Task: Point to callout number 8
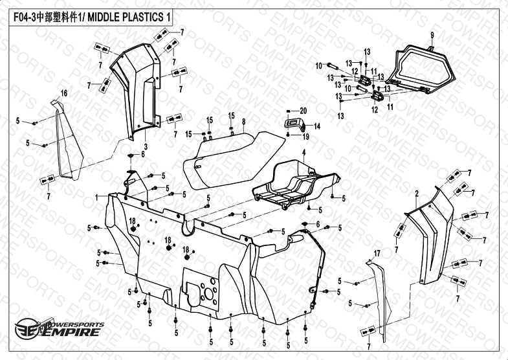click(243, 122)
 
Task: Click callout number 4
click(302, 152)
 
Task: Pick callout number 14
click(318, 126)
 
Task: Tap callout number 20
click(303, 111)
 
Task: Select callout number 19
click(307, 137)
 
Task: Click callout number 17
click(376, 251)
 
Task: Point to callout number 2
click(417, 193)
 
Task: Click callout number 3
click(146, 148)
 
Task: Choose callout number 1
click(96, 197)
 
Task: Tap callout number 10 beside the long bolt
click(318, 65)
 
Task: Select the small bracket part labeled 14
click(295, 123)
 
